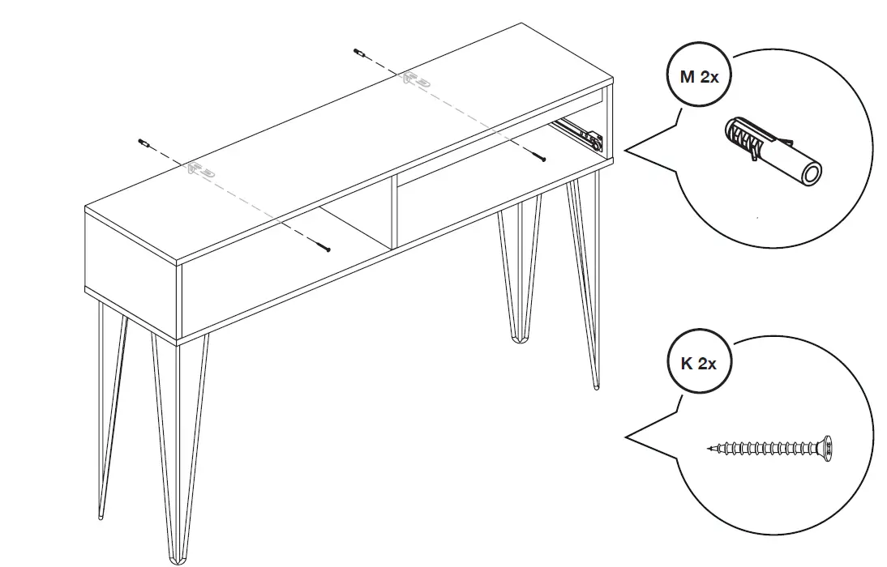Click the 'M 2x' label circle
(x=699, y=77)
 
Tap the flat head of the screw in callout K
(x=828, y=446)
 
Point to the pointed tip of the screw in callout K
(x=709, y=447)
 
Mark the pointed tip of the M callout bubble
(x=625, y=151)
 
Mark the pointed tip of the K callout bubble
(x=625, y=438)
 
